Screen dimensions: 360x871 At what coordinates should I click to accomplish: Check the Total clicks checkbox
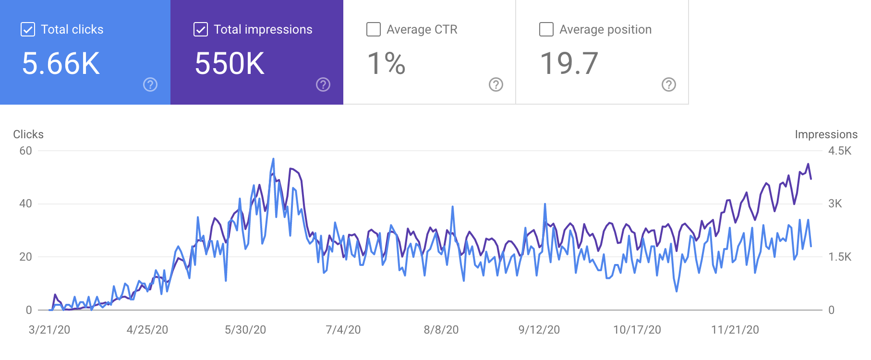(28, 29)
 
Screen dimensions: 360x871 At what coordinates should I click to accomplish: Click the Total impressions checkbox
(201, 29)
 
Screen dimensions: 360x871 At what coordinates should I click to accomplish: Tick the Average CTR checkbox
(374, 29)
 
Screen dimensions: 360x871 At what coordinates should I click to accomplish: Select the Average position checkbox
(546, 29)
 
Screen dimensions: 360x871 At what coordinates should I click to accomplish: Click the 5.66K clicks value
(61, 64)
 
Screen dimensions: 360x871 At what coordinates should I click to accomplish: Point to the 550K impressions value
(230, 64)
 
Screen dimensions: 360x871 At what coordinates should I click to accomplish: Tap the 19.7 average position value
(569, 64)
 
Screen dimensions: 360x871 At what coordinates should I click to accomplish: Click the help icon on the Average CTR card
(496, 84)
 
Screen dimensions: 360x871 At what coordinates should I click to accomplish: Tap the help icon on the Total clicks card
(150, 84)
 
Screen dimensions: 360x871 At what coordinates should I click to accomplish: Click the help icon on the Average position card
(669, 84)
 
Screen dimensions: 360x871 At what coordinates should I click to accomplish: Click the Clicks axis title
(28, 134)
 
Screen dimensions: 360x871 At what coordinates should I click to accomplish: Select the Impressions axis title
(826, 134)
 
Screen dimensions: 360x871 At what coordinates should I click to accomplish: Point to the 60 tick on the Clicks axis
(25, 151)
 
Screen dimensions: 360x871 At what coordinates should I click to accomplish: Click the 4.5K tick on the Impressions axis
(840, 151)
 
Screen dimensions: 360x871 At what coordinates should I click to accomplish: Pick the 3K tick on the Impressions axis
(835, 204)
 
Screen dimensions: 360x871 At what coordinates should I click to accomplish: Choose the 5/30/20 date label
(245, 330)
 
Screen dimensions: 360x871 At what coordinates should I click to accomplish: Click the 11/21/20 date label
(735, 330)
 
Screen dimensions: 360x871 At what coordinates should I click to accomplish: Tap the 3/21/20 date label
(49, 330)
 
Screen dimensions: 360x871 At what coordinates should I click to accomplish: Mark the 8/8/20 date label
(441, 330)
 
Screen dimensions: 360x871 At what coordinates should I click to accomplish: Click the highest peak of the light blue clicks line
(273, 159)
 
